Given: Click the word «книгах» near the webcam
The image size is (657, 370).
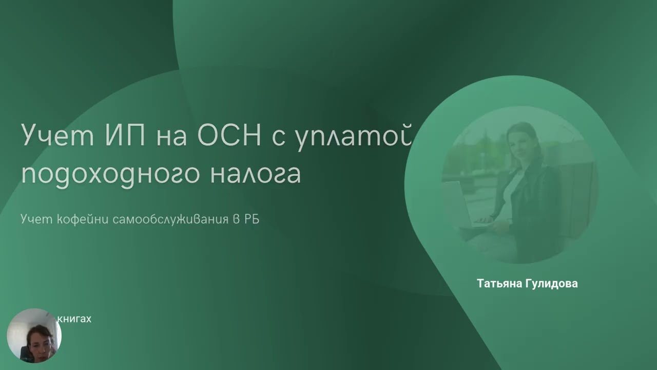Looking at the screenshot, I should [x=74, y=319].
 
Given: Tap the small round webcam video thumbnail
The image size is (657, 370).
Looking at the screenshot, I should [x=34, y=336].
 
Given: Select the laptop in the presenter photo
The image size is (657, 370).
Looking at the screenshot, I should [x=459, y=203].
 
